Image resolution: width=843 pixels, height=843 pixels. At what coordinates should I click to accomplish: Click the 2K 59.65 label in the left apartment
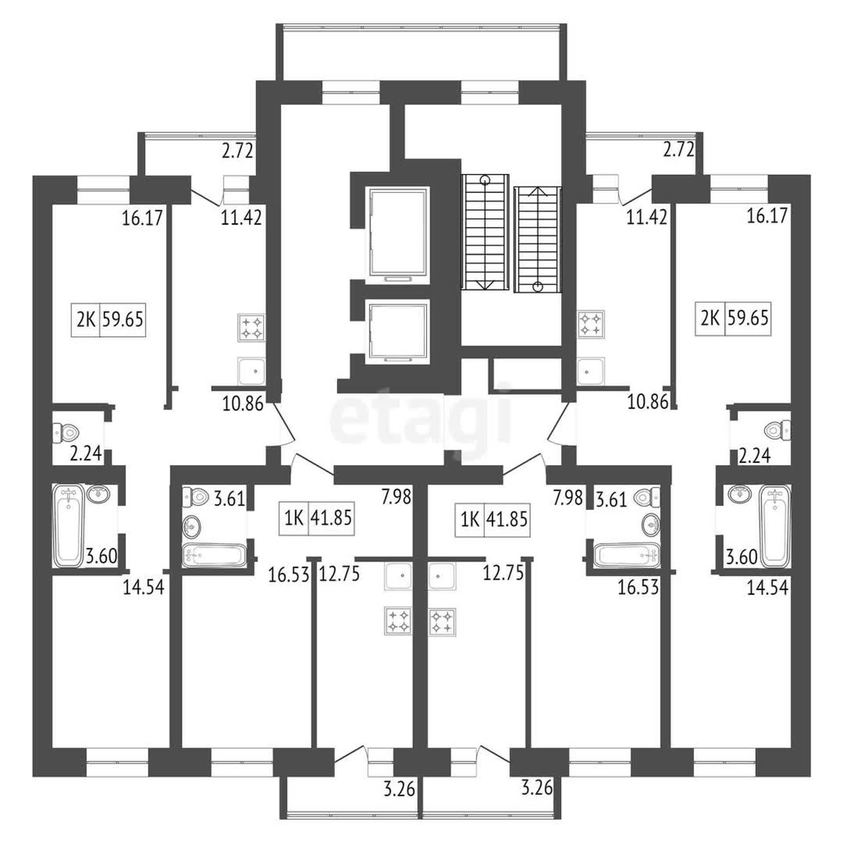[108, 320]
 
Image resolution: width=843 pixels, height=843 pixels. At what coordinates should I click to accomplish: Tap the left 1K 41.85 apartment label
[317, 519]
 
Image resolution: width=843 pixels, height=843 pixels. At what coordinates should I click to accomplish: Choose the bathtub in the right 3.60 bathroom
[776, 526]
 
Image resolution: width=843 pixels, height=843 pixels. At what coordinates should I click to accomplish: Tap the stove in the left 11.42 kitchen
[252, 328]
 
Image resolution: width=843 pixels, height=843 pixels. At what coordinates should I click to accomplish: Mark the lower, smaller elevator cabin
[398, 332]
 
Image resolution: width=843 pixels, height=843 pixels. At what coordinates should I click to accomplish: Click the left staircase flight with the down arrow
[485, 232]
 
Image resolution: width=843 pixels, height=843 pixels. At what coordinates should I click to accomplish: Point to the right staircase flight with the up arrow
[538, 239]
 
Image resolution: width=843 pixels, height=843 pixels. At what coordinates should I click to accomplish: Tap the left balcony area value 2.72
[238, 151]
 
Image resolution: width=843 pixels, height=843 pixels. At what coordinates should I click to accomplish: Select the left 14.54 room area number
[144, 587]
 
